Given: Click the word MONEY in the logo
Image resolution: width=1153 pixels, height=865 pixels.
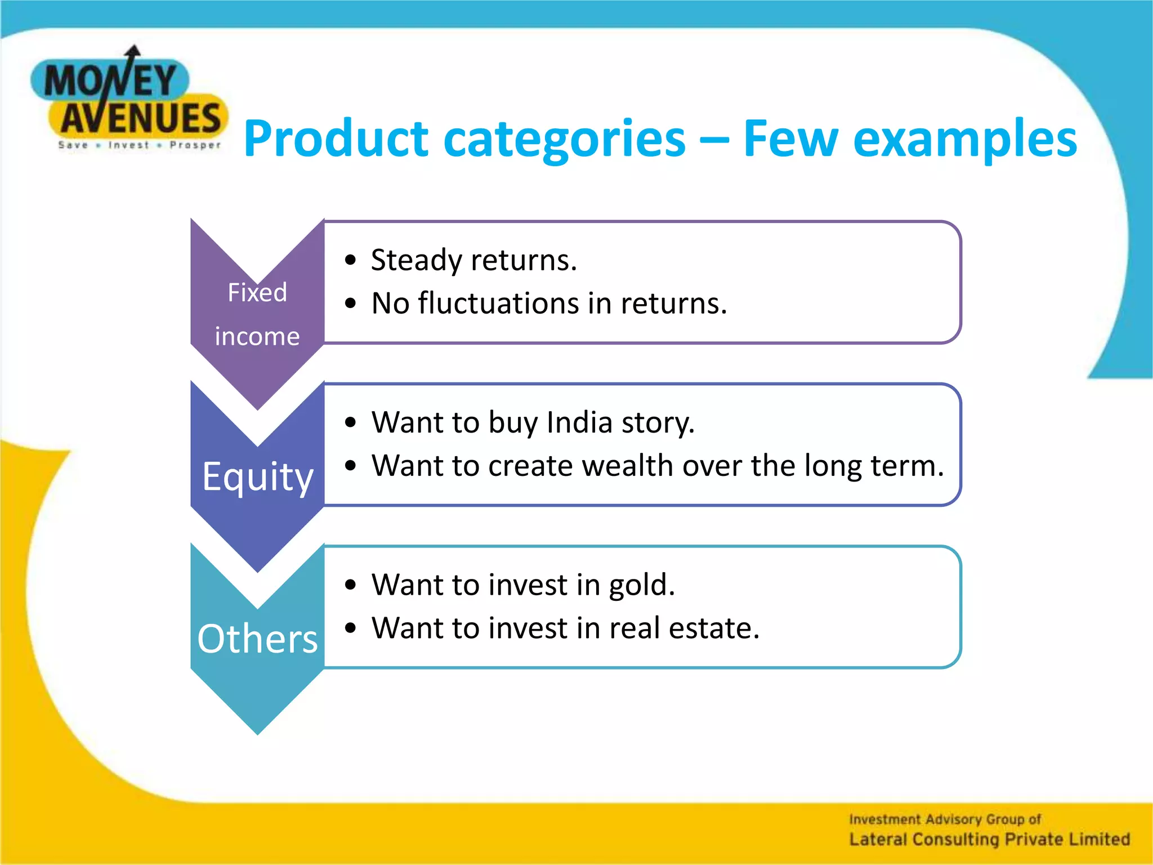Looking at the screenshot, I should point(110,81).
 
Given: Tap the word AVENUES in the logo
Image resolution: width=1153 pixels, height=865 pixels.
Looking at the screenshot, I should point(141,118).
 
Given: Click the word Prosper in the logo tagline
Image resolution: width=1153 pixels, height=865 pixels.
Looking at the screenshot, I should point(195,145).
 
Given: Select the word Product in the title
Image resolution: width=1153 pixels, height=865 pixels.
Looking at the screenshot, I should point(336,139).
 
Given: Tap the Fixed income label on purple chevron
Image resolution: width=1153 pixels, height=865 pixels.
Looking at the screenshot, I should point(257,314).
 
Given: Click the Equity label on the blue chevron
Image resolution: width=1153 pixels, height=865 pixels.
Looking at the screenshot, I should point(257,476).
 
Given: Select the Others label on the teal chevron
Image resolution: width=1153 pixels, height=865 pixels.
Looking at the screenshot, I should point(257,639).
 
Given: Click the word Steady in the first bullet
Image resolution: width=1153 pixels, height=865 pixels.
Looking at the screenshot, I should point(416,261).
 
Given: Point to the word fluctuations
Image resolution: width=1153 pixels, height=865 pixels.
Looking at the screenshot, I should point(498,303).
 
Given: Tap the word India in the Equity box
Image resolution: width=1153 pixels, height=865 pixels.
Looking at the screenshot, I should point(579,422).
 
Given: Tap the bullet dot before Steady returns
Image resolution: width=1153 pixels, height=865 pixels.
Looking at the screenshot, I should point(351,260).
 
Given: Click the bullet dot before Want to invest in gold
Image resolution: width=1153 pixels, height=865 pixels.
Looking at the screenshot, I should point(351,585).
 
